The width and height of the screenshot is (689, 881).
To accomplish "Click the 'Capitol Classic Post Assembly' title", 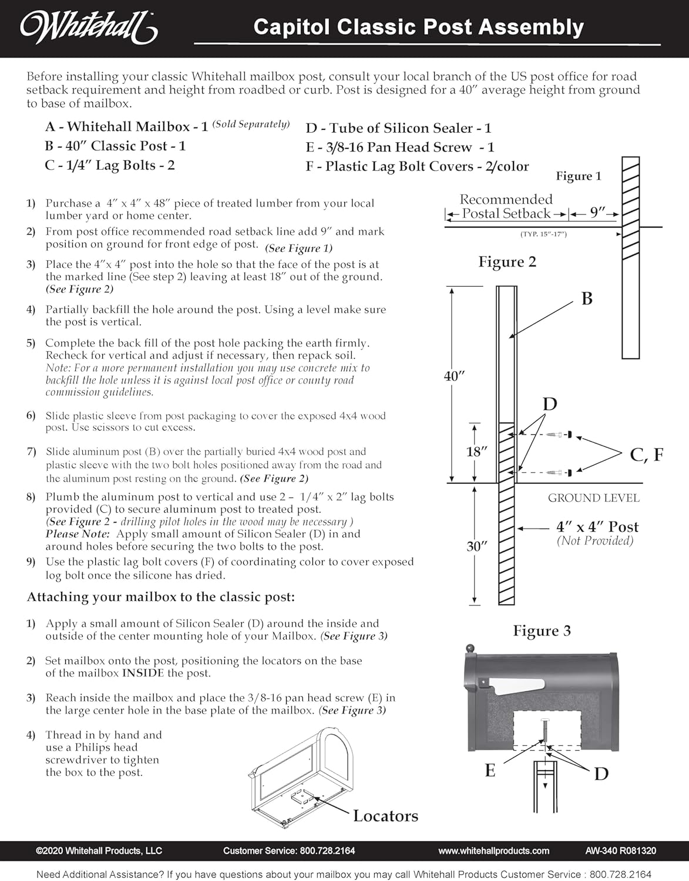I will click(418, 27).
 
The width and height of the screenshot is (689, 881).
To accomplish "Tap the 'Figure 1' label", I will click(578, 176).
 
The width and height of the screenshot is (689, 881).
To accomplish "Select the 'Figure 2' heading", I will click(507, 261).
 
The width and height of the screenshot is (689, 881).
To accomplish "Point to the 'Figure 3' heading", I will click(542, 631).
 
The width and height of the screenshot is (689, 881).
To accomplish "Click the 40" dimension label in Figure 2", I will click(455, 376).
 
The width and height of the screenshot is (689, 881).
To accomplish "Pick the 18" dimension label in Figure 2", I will click(478, 452).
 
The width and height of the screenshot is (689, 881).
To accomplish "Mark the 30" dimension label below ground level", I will click(477, 546).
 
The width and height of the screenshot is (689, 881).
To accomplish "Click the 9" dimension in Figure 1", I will click(598, 213).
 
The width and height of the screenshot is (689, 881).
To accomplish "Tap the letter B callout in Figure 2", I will click(586, 299).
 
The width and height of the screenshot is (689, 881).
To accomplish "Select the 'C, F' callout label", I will click(646, 455).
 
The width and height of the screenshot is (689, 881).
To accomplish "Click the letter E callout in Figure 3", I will click(490, 771).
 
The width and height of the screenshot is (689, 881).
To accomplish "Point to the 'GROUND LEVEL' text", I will click(593, 498).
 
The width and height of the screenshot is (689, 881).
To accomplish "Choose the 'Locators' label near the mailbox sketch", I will click(385, 816).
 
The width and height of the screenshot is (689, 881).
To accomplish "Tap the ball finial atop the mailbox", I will click(470, 649).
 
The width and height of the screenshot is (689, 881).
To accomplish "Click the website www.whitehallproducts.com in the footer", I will click(493, 850).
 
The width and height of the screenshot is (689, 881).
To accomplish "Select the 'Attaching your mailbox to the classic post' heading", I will click(160, 597).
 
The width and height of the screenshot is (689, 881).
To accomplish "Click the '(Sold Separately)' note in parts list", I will click(251, 124).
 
